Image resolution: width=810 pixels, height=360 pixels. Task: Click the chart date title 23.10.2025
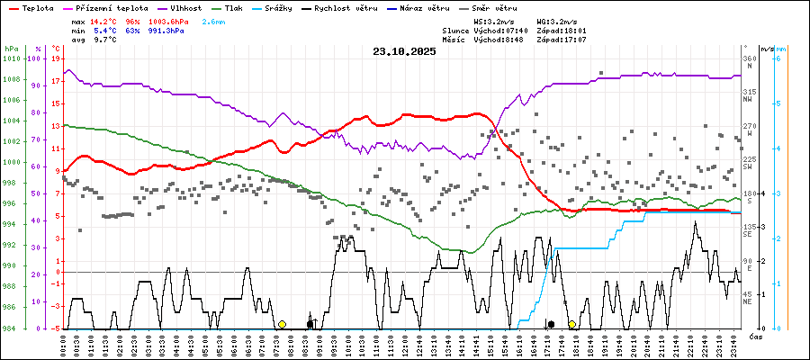click(x=404, y=51)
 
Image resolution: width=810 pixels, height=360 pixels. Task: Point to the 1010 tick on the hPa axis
click(x=13, y=58)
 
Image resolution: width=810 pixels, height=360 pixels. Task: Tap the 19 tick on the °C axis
click(x=57, y=58)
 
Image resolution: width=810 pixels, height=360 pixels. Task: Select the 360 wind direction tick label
click(x=748, y=58)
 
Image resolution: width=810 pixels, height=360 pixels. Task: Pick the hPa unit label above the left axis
click(x=12, y=48)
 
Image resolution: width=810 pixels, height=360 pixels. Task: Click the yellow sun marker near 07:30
click(x=282, y=324)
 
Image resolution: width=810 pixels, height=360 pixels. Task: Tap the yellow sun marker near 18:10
click(x=571, y=324)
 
